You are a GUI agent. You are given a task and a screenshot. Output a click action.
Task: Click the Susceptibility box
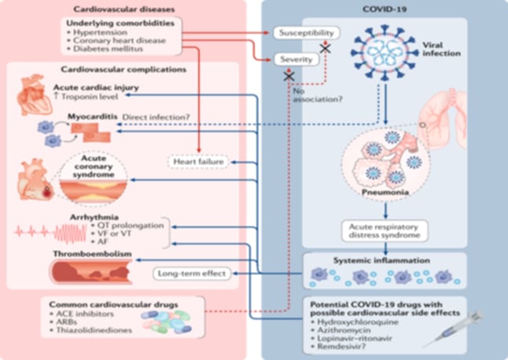[x=307, y=34]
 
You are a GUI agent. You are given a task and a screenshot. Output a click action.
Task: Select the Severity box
[x=294, y=58]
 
